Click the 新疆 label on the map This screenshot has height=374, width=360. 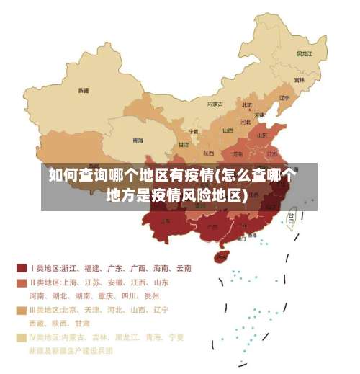[84, 91]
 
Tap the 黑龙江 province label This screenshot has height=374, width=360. [305, 53]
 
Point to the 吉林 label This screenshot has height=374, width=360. [299, 80]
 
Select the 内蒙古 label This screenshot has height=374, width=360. [215, 104]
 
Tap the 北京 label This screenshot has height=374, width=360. [247, 104]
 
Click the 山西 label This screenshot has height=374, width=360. [228, 130]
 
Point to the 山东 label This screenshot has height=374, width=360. [263, 135]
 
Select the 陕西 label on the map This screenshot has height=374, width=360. [208, 153]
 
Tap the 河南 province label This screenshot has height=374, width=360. [237, 153]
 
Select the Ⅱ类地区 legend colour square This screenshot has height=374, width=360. [22, 282]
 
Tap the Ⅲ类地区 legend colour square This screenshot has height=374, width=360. [22, 310]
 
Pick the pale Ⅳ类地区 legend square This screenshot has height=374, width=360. [22, 337]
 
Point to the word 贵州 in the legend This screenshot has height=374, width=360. [151, 295]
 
